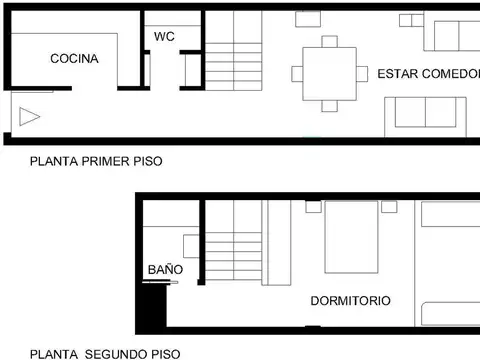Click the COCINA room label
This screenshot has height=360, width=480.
click(75, 59)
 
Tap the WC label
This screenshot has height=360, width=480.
click(165, 37)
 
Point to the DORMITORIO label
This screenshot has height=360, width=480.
click(350, 300)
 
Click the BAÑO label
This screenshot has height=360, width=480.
click(165, 270)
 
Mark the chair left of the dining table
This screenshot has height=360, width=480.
click(297, 73)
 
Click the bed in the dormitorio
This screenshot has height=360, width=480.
click(351, 237)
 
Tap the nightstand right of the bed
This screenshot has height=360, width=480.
click(390, 206)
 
